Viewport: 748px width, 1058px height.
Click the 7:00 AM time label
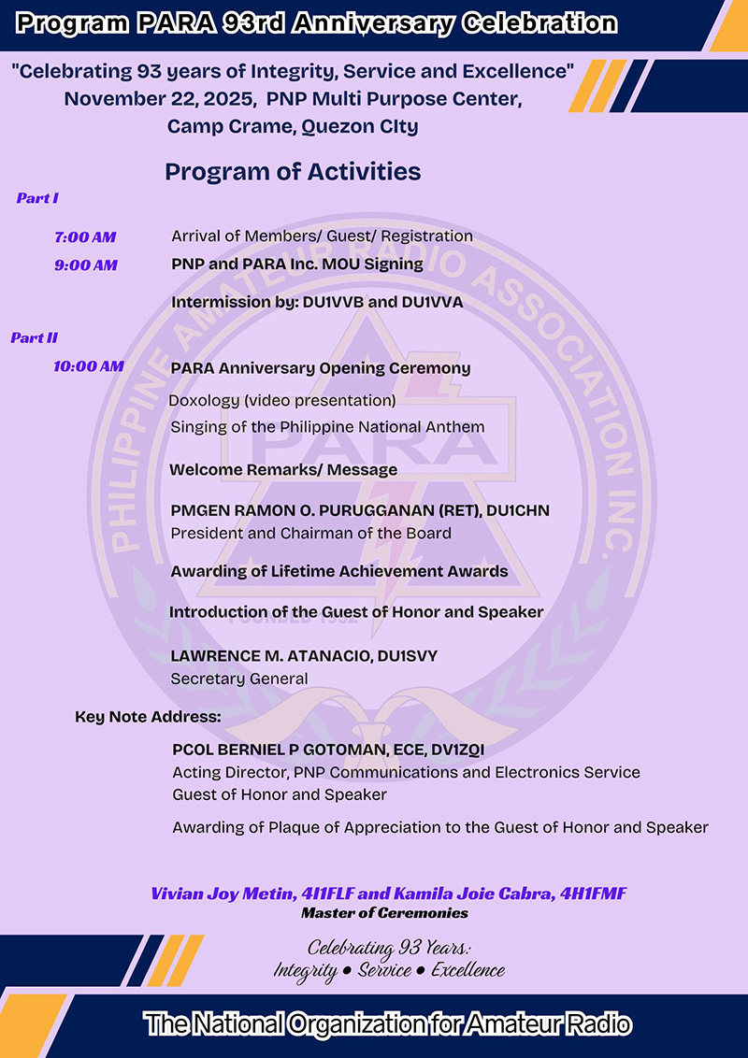[x=85, y=237]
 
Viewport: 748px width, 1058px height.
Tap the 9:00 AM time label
[x=86, y=265]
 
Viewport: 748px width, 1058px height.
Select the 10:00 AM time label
[x=89, y=366]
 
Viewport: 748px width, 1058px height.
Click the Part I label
[x=37, y=198]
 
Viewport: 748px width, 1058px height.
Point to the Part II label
[x=35, y=338]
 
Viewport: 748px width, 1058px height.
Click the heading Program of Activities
[x=293, y=171]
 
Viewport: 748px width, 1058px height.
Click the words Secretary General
[x=238, y=679]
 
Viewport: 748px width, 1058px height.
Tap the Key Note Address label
[x=148, y=718]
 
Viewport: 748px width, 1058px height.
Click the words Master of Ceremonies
[x=384, y=913]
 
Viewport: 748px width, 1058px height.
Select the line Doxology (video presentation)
[x=282, y=401]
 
